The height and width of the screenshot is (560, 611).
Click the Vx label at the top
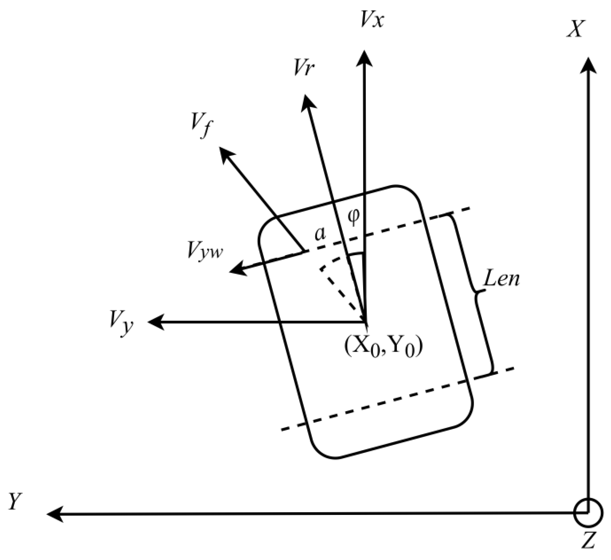(371, 21)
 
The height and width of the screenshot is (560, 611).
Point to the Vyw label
(205, 250)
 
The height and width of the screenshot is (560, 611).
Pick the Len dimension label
(501, 279)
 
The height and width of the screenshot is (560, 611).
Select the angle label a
(320, 234)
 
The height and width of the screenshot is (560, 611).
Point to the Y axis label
(15, 501)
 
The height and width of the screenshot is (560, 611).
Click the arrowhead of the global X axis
(588, 65)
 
